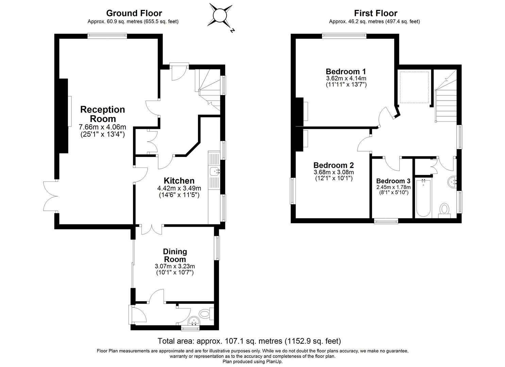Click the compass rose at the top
[220, 15]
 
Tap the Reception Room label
[102, 114]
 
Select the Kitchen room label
[179, 181]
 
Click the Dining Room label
[175, 255]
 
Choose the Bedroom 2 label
[333, 165]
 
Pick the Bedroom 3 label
[393, 181]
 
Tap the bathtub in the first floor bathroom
[423, 198]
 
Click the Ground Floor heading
[134, 13]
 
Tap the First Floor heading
[375, 13]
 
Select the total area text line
[249, 341]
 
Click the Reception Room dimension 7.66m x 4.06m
[102, 127]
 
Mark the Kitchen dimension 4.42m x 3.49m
[179, 188]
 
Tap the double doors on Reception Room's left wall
[50, 196]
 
